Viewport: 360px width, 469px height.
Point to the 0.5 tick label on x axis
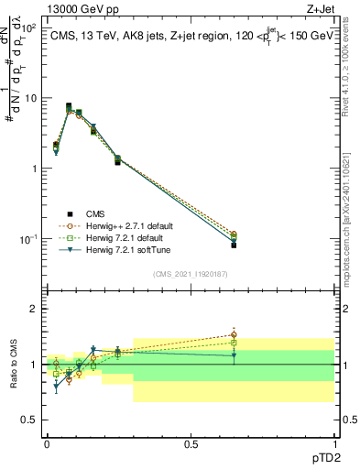[x=191, y=443]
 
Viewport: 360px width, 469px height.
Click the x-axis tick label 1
[x=334, y=443]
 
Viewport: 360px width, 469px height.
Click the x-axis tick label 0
[x=47, y=443]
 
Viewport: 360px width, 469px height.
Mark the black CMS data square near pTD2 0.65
[x=234, y=245]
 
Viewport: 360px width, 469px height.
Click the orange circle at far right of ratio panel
[x=234, y=335]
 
